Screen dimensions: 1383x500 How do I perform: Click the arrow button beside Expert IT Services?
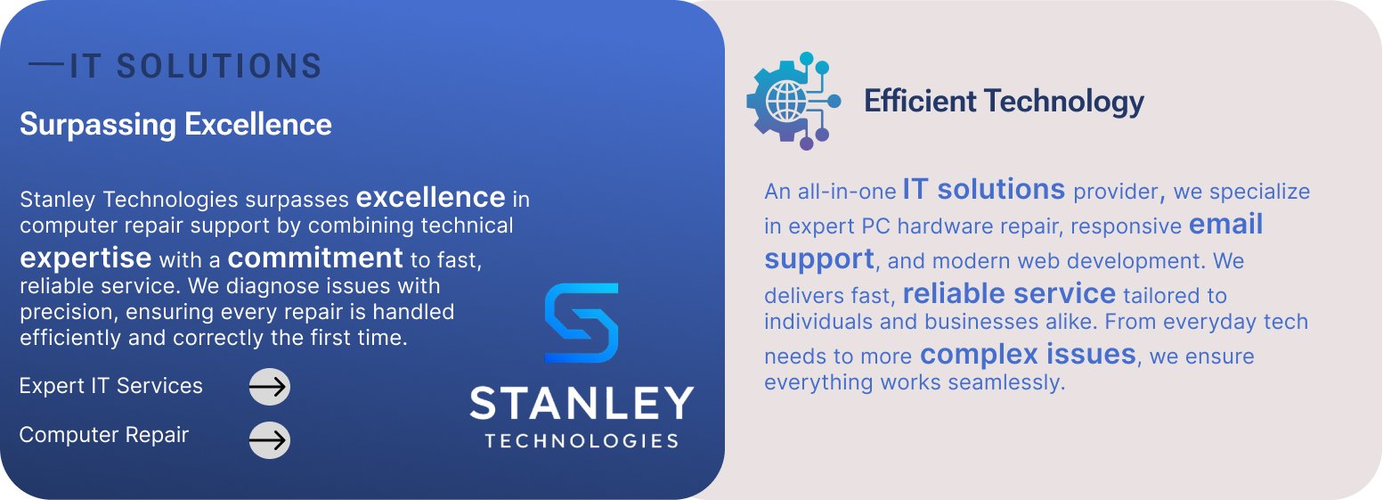click(269, 387)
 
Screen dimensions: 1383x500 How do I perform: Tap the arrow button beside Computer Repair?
click(269, 440)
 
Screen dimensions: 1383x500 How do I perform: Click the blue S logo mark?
click(581, 323)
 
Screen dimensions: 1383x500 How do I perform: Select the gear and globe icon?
click(793, 101)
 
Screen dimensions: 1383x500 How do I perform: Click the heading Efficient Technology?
click(1004, 102)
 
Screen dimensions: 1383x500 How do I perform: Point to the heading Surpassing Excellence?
click(176, 125)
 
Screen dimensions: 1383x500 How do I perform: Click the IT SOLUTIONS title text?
click(196, 66)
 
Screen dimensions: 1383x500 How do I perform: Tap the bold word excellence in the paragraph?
click(431, 198)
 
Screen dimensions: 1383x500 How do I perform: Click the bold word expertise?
click(85, 258)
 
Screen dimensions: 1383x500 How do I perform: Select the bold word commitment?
click(315, 257)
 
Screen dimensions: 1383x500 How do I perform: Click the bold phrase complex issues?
click(1028, 354)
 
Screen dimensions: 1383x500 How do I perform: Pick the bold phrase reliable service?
click(1010, 293)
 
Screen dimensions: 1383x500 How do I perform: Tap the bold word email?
click(1226, 224)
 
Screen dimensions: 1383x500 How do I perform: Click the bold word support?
click(819, 259)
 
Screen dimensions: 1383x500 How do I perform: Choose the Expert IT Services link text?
click(111, 386)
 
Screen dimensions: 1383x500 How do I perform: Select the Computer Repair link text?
click(103, 435)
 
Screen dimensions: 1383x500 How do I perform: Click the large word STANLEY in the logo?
click(582, 404)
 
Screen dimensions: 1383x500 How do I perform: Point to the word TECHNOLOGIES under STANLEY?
click(582, 440)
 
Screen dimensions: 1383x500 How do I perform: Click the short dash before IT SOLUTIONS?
click(46, 63)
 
